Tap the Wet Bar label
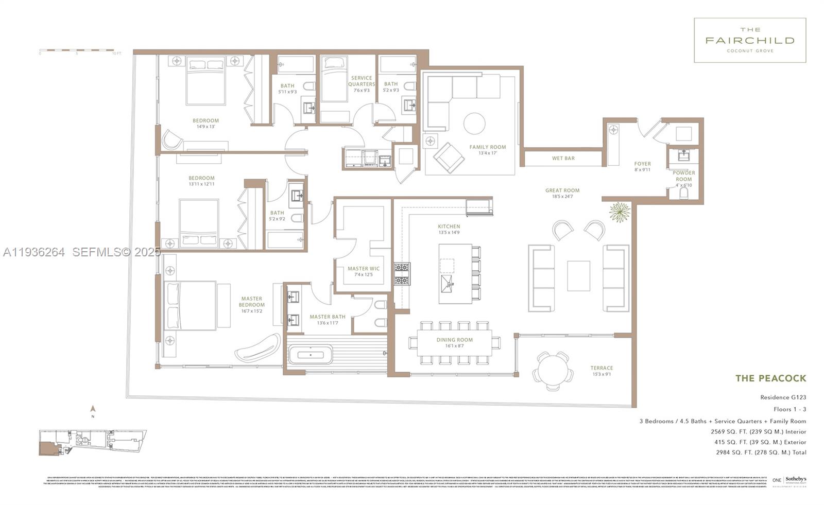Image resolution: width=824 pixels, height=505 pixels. [563, 159]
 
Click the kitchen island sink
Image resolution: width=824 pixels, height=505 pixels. [448, 282]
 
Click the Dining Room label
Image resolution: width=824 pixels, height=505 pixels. [454, 343]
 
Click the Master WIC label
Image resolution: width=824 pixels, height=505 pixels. [364, 271]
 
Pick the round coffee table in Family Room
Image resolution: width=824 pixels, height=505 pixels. [474, 124]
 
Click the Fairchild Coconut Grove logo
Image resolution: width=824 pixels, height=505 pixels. [749, 40]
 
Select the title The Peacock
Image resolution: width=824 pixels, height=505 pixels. [770, 378]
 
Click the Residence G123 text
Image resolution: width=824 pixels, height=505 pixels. [783, 397]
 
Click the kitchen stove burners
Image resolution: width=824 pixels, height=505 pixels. [401, 274]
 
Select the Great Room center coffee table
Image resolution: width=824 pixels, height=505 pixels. [578, 276]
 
